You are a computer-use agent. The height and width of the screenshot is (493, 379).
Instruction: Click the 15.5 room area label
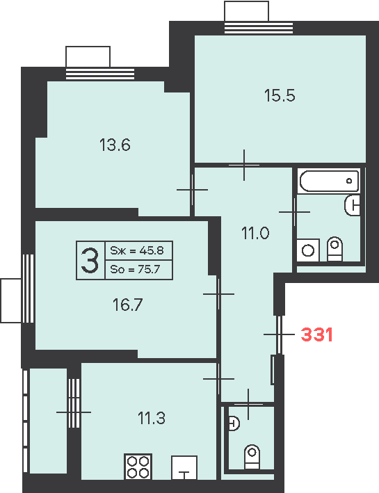[280, 95]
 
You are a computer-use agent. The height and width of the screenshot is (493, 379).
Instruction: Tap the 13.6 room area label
[115, 145]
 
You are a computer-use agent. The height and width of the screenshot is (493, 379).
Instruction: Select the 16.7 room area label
[128, 305]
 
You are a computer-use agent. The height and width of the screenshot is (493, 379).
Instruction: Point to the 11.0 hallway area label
[255, 234]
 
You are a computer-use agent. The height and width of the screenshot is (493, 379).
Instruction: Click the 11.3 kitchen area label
[152, 418]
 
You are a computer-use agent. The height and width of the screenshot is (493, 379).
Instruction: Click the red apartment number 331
[316, 334]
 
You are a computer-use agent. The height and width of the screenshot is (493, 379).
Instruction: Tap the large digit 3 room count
[90, 260]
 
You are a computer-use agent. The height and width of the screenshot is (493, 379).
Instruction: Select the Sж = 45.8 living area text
[137, 250]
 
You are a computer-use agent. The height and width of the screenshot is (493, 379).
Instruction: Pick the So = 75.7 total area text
[135, 270]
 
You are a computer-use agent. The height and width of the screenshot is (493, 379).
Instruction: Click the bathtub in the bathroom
[330, 181]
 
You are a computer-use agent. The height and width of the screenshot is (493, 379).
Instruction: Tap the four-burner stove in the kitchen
[138, 467]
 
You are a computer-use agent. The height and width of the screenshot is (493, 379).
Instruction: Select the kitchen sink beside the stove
[184, 468]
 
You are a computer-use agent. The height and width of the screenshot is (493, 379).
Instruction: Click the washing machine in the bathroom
[308, 250]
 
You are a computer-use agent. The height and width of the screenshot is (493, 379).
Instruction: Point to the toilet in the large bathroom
[334, 249]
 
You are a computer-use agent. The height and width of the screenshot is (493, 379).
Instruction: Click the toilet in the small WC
[252, 457]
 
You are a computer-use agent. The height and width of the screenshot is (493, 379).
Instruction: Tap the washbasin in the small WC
[234, 423]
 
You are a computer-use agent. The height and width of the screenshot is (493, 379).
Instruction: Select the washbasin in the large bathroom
[353, 206]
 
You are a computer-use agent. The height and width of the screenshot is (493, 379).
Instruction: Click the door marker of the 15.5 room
[244, 165]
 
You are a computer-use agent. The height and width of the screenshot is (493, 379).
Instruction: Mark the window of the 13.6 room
[100, 74]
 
